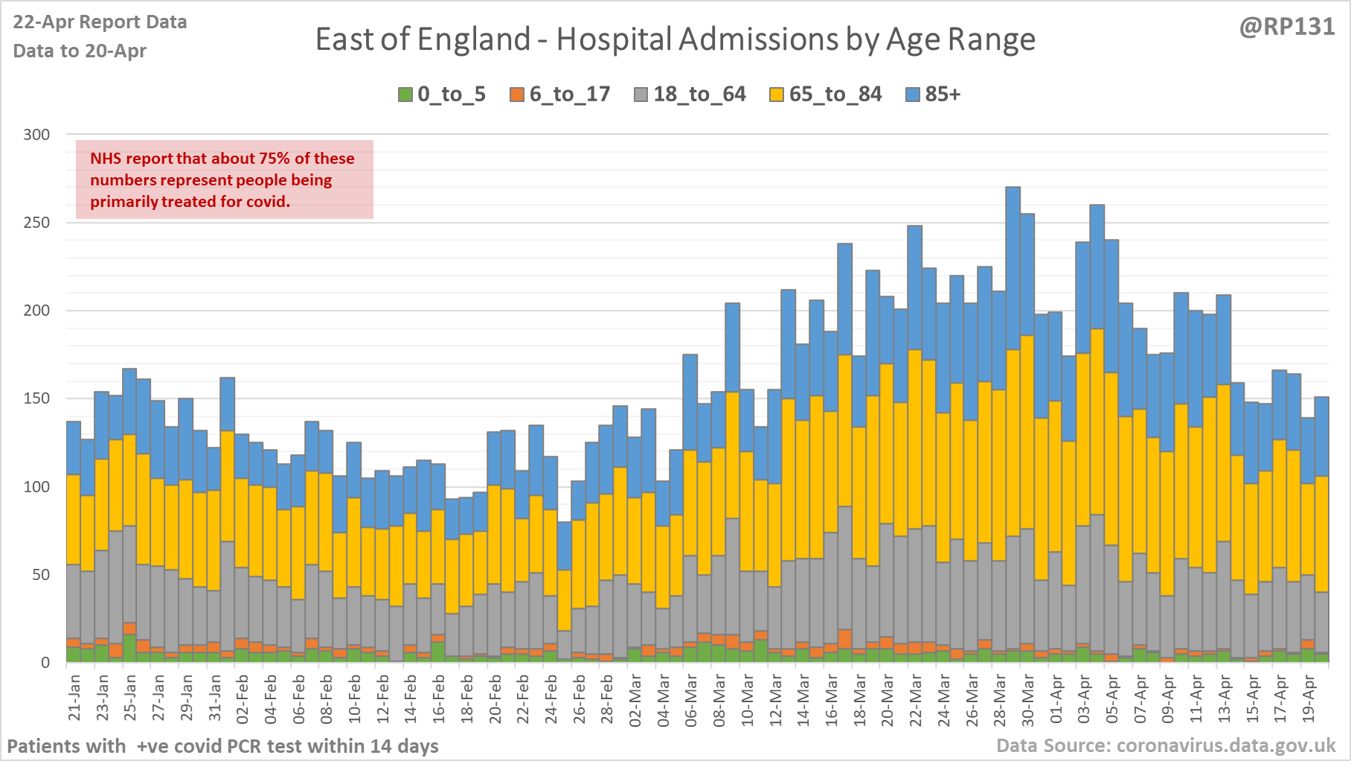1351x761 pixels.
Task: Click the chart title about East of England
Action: (x=675, y=39)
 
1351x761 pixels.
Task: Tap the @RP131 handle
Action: (x=1286, y=27)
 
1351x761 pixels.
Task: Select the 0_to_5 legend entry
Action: (x=442, y=95)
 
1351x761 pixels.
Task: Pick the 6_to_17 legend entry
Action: (x=560, y=95)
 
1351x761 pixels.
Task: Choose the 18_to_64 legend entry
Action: (x=690, y=95)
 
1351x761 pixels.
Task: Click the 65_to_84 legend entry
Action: (x=826, y=95)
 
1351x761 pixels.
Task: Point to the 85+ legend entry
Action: (x=934, y=95)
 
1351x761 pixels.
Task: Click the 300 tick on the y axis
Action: (x=36, y=135)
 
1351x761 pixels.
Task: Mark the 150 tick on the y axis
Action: (x=36, y=398)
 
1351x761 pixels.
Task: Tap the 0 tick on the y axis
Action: (x=45, y=662)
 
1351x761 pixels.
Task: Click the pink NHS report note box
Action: (x=224, y=179)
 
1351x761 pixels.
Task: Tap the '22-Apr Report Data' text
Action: (x=100, y=22)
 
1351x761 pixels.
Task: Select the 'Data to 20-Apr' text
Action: (x=80, y=51)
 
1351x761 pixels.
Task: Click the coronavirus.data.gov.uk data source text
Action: (x=1166, y=745)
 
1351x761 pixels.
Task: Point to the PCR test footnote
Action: (x=222, y=745)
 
